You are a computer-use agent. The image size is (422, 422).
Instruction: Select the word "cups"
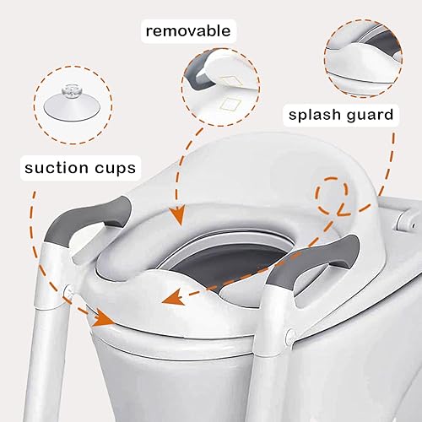112,168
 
